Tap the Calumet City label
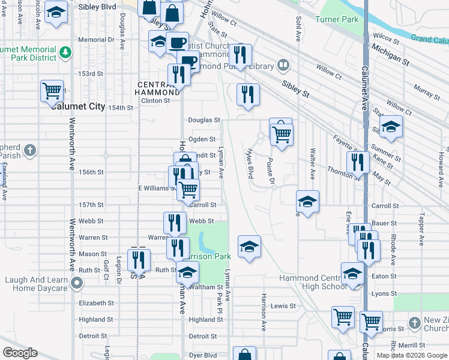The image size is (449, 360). pyautogui.click(x=78, y=106)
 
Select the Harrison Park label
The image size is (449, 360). pyautogui.click(x=208, y=256)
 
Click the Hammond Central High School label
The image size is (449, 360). pyautogui.click(x=313, y=282)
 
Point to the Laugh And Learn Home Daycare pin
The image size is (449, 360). pyautogui.click(x=76, y=282)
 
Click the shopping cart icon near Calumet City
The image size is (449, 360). pyautogui.click(x=52, y=91)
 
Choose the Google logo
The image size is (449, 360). pyautogui.click(x=20, y=353)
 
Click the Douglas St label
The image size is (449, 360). pyautogui.click(x=204, y=120)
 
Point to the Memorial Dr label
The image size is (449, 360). pyautogui.click(x=96, y=40)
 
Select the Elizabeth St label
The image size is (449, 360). pyautogui.click(x=96, y=304)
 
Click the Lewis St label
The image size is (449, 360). pyautogui.click(x=283, y=305)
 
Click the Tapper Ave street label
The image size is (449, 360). pyautogui.click(x=423, y=227)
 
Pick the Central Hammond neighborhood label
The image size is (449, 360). pyautogui.click(x=158, y=89)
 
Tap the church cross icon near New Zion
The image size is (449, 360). pyautogui.click(x=414, y=323)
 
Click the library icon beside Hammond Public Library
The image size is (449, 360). pyautogui.click(x=283, y=65)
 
